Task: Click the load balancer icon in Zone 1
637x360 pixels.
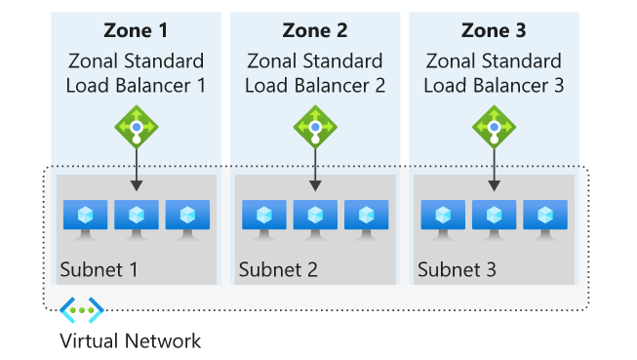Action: point(136,126)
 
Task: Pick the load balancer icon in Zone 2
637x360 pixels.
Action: point(315,126)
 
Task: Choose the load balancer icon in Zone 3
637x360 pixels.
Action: point(494,126)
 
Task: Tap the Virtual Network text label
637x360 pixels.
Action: point(130,340)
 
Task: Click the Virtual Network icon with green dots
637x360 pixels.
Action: point(81,310)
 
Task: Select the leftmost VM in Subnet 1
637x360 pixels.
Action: point(85,217)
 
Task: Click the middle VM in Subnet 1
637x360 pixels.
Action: point(136,217)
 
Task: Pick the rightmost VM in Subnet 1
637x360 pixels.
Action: point(187,217)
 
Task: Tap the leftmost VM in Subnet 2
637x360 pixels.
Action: point(264,217)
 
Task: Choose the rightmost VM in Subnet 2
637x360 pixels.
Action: point(367,217)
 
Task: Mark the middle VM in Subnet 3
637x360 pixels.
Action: point(494,217)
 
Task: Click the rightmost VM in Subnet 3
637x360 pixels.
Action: point(545,217)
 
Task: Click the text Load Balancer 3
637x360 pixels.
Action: point(494,85)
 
